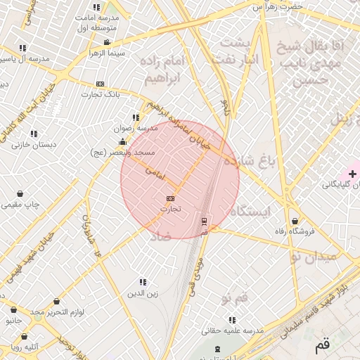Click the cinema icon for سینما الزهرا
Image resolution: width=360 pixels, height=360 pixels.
107,43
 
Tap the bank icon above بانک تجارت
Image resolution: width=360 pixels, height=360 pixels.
101,84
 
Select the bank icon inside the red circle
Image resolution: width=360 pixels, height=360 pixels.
170,199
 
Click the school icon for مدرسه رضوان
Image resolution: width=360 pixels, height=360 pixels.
136,118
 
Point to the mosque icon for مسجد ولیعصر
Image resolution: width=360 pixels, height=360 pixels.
123,142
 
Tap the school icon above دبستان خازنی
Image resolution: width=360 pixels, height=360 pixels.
34,134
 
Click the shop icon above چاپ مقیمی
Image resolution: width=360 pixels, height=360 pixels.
20,193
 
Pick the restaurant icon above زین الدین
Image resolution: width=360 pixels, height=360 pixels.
143,282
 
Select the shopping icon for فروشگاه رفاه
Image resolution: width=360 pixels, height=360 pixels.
295,220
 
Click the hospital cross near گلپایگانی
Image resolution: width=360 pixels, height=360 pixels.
352,174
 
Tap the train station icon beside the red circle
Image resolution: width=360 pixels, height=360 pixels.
205,221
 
